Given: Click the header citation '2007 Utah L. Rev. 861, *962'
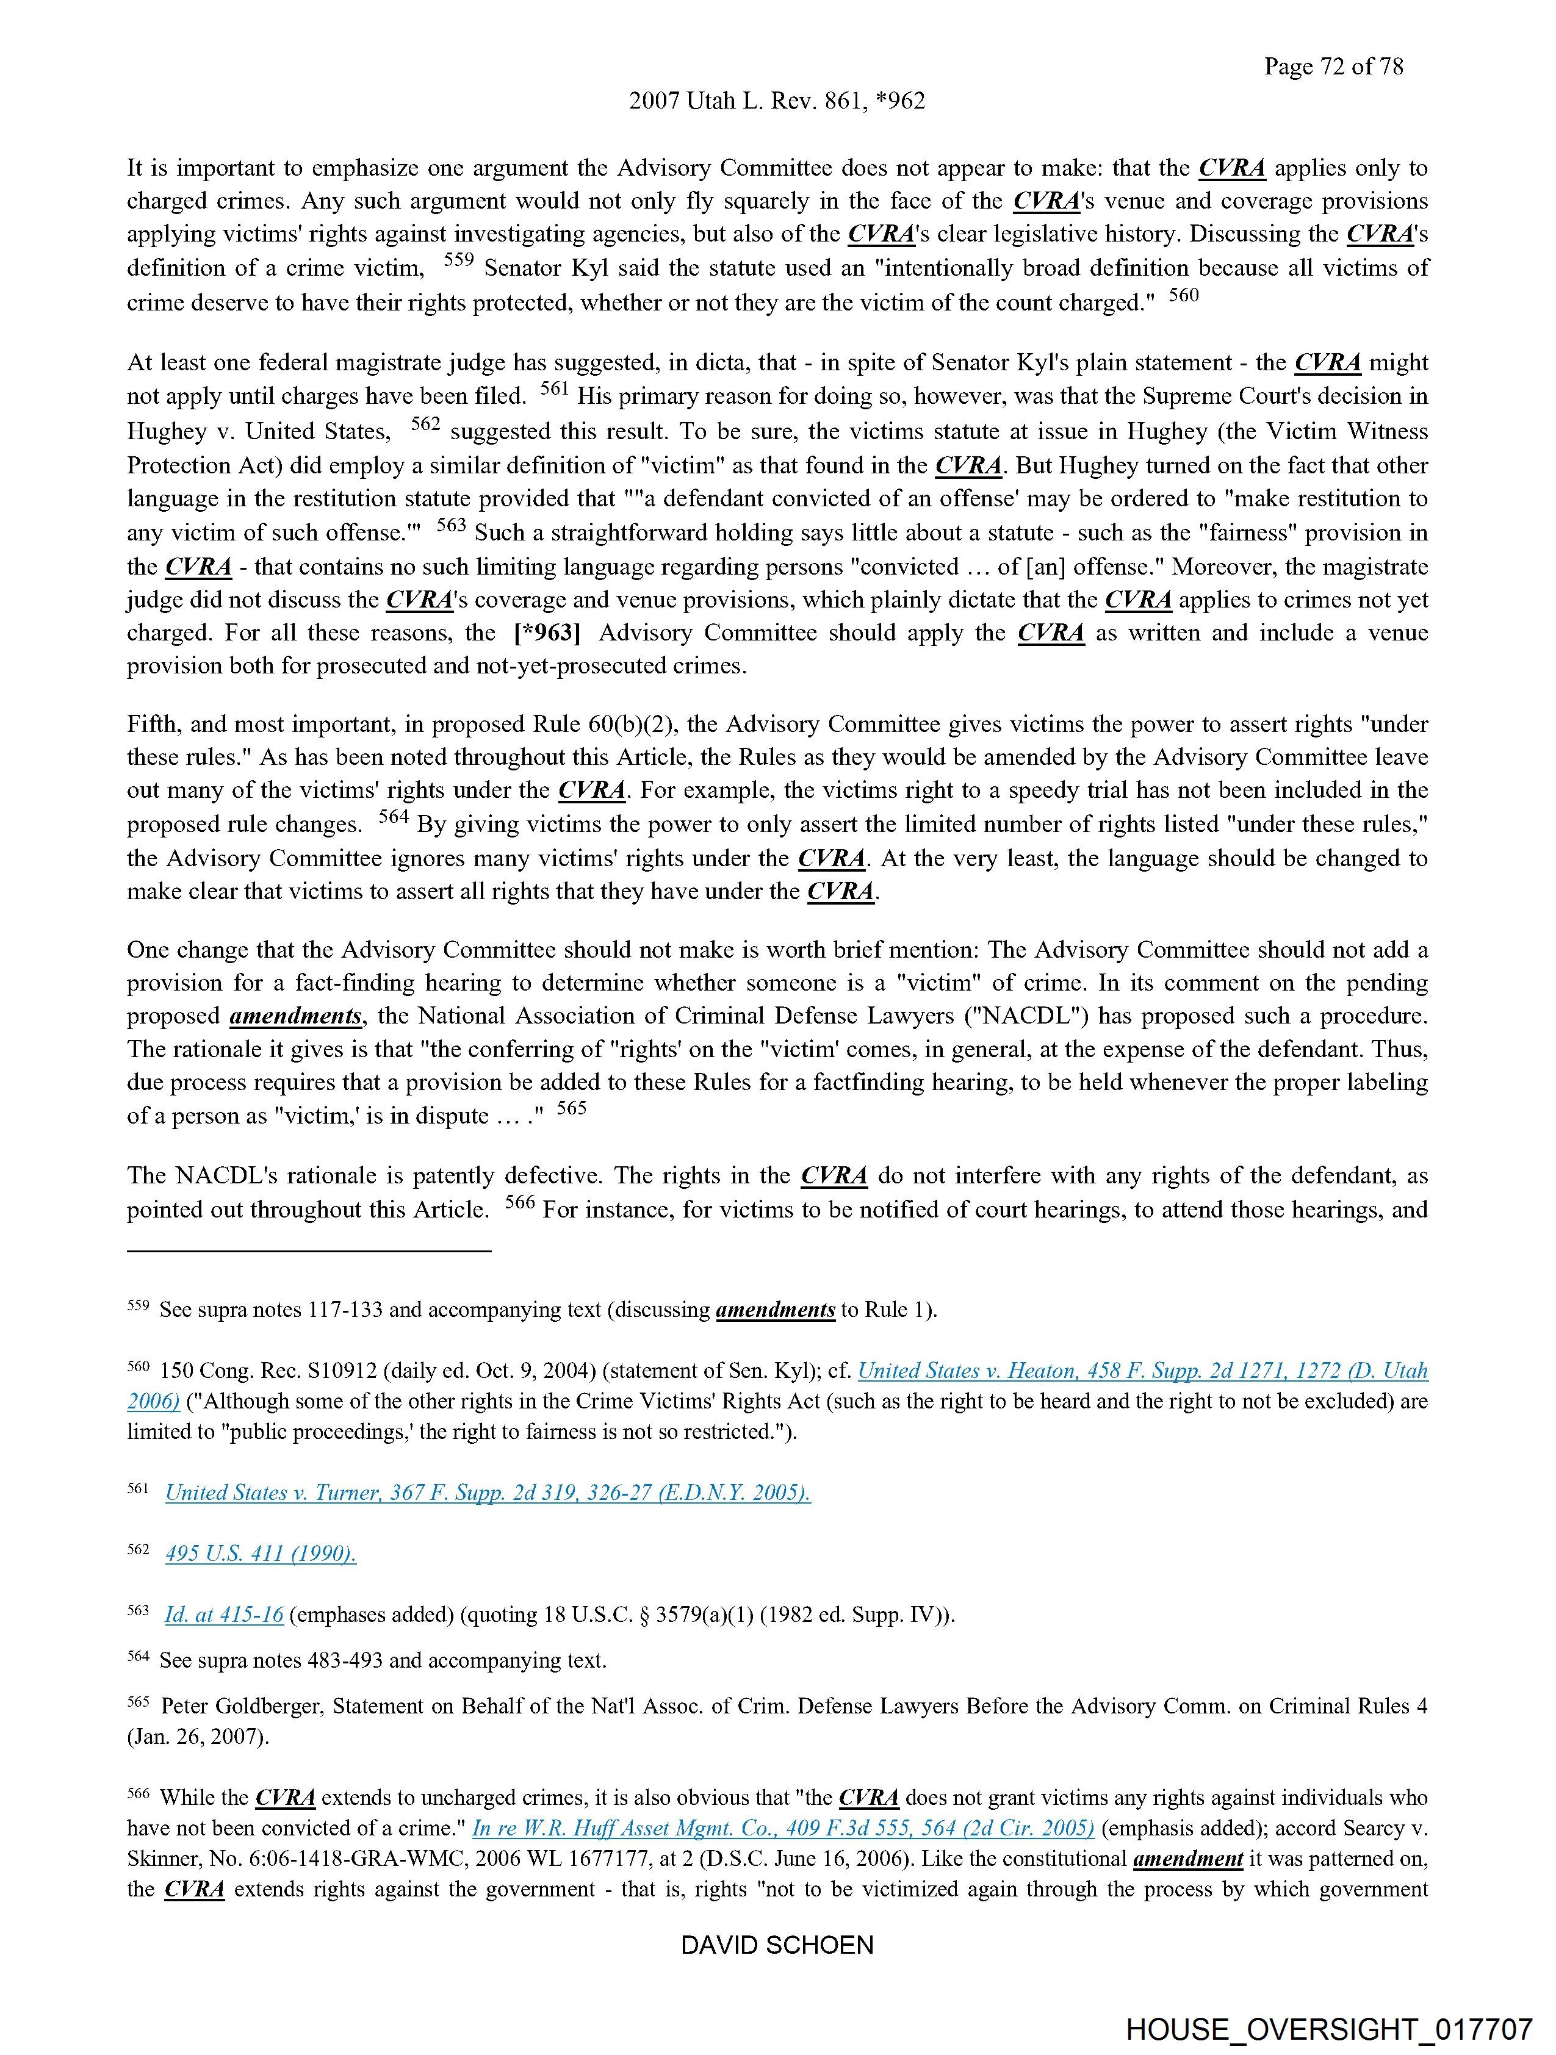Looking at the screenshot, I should coord(777,101).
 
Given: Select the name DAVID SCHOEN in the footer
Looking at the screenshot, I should coord(777,1945).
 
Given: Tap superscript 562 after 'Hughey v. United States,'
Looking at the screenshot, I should coord(425,425).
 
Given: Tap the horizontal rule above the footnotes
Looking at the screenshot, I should coord(309,1252).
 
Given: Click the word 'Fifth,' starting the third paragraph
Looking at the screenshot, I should coord(153,725).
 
